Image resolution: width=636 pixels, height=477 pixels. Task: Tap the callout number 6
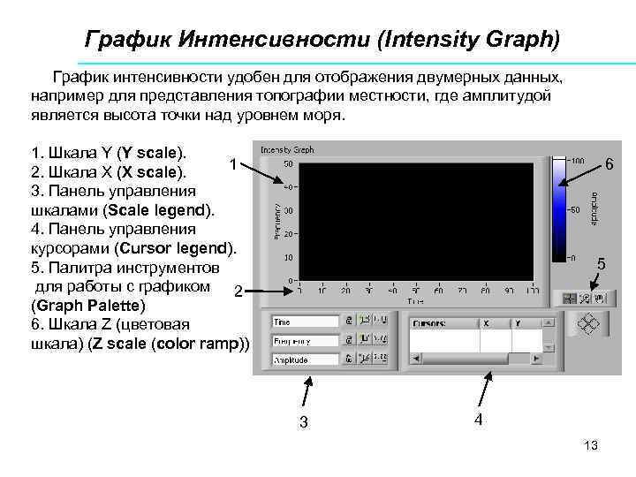coord(609,164)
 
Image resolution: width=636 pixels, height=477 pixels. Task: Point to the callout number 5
coord(602,263)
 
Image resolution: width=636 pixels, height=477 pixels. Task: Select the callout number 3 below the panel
coord(304,422)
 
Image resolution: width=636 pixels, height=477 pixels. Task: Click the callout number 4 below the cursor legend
coord(478,420)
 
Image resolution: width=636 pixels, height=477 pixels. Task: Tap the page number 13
coord(591,446)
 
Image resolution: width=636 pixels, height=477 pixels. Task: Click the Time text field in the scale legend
coord(306,322)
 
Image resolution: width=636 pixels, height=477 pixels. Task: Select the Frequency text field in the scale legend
coord(306,341)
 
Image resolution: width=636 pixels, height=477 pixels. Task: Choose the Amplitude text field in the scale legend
coord(306,360)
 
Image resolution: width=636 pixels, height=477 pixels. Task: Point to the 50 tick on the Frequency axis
coord(289,163)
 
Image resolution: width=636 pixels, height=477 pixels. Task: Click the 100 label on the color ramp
coord(576,161)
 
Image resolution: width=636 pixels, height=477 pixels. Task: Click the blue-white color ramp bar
coord(559,208)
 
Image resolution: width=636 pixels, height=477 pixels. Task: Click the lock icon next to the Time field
coord(350,322)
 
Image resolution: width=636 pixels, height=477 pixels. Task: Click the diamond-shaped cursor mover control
coord(589,325)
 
